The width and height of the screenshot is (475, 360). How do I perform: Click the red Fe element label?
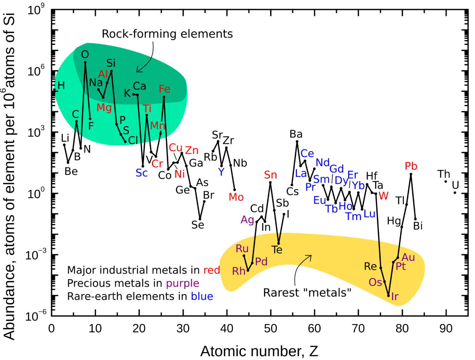[164, 89]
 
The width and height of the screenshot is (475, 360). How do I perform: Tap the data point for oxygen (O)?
[85, 62]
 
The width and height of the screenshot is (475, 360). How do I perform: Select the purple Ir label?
[395, 297]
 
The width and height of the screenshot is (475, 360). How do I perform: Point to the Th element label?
[444, 174]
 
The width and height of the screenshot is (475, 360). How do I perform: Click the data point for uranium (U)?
[455, 193]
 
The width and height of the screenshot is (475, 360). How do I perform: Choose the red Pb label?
[411, 166]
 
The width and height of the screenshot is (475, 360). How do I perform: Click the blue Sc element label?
[142, 173]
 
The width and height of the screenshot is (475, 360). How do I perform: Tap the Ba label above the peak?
[296, 134]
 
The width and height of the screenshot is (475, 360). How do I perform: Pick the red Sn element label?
[270, 175]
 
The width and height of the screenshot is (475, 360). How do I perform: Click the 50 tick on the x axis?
[270, 329]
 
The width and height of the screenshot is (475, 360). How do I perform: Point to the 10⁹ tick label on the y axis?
[36, 10]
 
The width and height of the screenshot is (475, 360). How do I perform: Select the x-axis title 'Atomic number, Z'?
[259, 351]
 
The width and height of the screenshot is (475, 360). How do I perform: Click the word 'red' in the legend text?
[212, 270]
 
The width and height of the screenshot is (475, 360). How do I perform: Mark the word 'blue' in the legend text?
[202, 296]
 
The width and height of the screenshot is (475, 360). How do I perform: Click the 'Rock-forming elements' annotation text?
[167, 34]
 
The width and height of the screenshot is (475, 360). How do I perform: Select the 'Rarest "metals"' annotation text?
[307, 293]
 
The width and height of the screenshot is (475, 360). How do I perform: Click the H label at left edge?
[61, 86]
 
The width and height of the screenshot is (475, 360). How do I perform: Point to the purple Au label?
[408, 257]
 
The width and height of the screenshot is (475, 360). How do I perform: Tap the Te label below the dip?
[277, 250]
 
